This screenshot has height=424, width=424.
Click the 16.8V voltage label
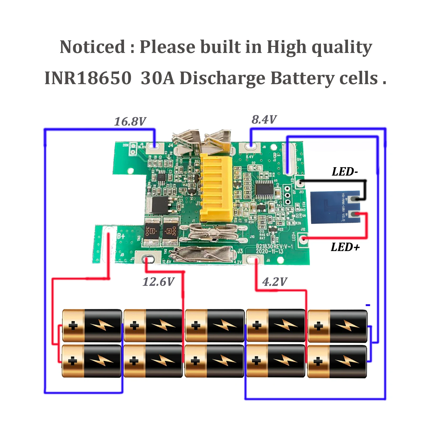[x=130, y=122]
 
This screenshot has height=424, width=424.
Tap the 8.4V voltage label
[x=264, y=120]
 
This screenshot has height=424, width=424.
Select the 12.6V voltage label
[x=158, y=282]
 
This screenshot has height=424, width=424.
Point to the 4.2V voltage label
[x=275, y=282]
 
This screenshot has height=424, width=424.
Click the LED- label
[x=345, y=172]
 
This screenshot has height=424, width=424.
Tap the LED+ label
[x=345, y=247]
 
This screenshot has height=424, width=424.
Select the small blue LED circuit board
[x=335, y=207]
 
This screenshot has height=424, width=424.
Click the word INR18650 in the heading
[x=88, y=78]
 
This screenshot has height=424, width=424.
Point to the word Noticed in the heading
[x=92, y=47]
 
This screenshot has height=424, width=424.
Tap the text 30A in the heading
[x=158, y=78]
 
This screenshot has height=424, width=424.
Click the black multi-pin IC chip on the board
[x=264, y=189]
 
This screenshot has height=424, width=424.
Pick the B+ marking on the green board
[x=121, y=236]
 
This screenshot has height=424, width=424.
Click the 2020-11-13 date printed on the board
[x=270, y=252]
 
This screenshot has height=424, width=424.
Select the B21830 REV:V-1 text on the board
[x=274, y=246]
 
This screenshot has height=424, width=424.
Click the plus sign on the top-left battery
[x=73, y=326]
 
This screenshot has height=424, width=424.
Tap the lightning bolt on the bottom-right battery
[x=347, y=361]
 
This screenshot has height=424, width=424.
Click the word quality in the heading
[x=342, y=47]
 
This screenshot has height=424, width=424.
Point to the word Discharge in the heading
[x=223, y=78]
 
